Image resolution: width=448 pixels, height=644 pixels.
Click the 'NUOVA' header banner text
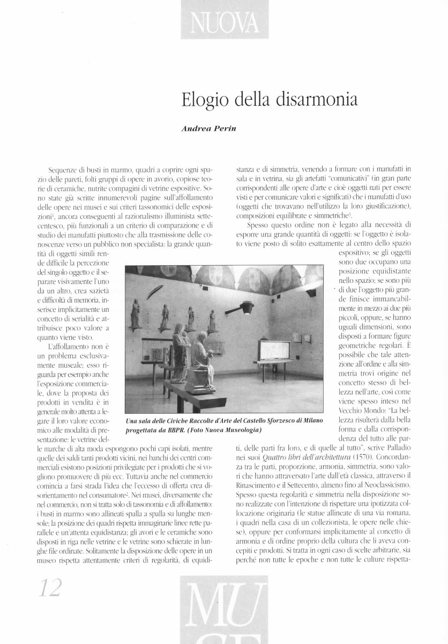coord(224,23)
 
